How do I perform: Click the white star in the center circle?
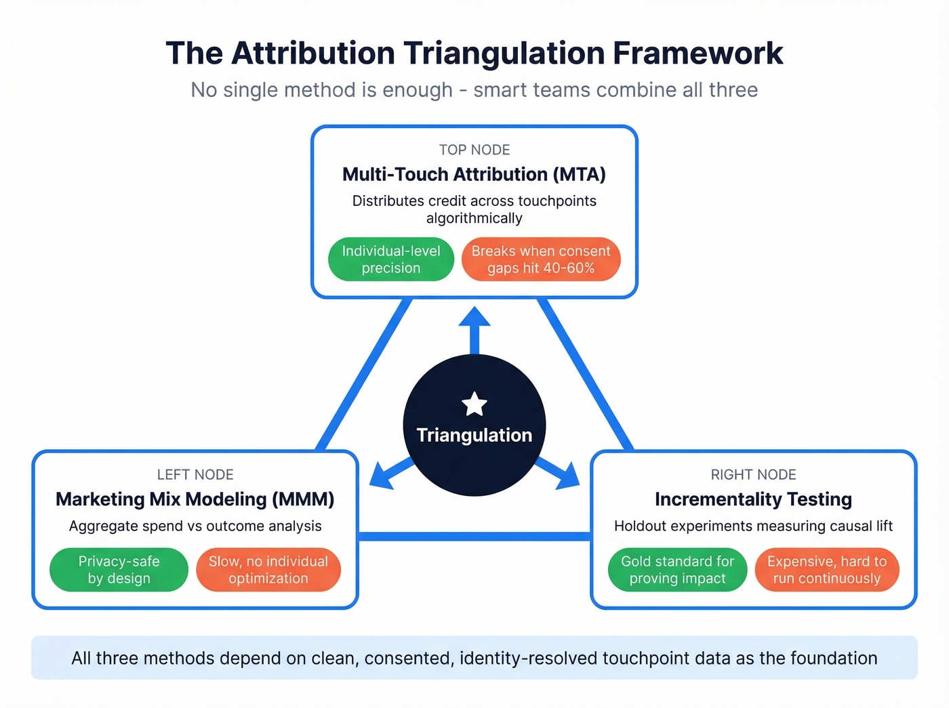pyautogui.click(x=474, y=404)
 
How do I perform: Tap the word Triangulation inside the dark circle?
pyautogui.click(x=474, y=435)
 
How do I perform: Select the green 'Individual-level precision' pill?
pyautogui.click(x=391, y=259)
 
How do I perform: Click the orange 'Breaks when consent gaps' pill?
pyautogui.click(x=541, y=259)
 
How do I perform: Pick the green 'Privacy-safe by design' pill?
pyautogui.click(x=119, y=570)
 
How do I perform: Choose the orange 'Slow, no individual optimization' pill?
pyautogui.click(x=268, y=570)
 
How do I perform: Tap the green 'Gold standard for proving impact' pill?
pyautogui.click(x=677, y=570)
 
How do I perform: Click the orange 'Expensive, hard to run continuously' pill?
pyautogui.click(x=826, y=570)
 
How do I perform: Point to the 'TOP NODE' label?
pyautogui.click(x=474, y=150)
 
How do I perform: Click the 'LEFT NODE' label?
pyautogui.click(x=195, y=474)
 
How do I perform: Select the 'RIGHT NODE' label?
pyautogui.click(x=753, y=474)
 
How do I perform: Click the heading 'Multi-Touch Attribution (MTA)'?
pyautogui.click(x=474, y=175)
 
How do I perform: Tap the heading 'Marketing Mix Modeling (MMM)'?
pyautogui.click(x=195, y=499)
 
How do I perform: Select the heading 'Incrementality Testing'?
pyautogui.click(x=753, y=499)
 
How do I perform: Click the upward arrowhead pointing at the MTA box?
pyautogui.click(x=474, y=318)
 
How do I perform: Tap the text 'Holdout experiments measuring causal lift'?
pyautogui.click(x=753, y=526)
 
